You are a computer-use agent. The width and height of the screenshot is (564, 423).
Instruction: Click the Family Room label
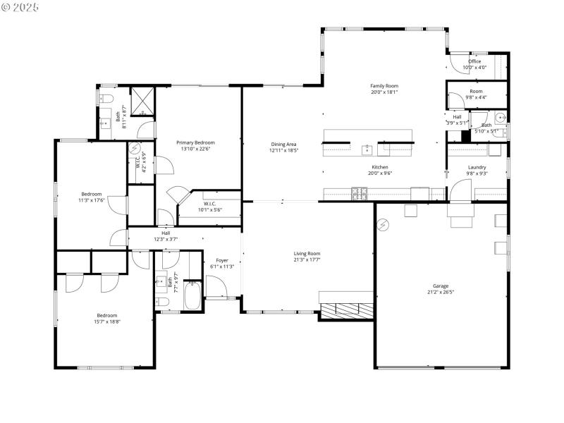[384, 85]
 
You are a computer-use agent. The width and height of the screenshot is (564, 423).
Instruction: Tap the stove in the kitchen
[360, 192]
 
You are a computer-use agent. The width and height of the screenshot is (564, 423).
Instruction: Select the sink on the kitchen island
[367, 149]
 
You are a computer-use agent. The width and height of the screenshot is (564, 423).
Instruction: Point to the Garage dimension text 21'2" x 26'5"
[440, 292]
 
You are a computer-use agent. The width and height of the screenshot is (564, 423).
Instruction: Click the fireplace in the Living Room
[347, 309]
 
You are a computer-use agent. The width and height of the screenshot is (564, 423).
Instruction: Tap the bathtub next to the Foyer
[192, 297]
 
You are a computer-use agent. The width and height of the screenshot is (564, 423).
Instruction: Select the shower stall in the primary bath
[142, 101]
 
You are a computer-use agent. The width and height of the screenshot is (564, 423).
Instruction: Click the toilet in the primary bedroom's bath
[107, 98]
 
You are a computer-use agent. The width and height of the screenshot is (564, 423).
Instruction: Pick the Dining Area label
[284, 144]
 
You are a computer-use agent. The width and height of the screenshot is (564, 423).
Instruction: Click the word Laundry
[477, 167]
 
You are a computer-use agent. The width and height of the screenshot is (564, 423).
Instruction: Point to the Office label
[474, 61]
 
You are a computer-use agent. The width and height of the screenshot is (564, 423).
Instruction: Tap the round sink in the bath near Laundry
[501, 117]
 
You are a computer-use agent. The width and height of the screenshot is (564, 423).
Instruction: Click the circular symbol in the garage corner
[384, 225]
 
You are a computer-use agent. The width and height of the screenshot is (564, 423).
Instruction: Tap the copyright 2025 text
[21, 6]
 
